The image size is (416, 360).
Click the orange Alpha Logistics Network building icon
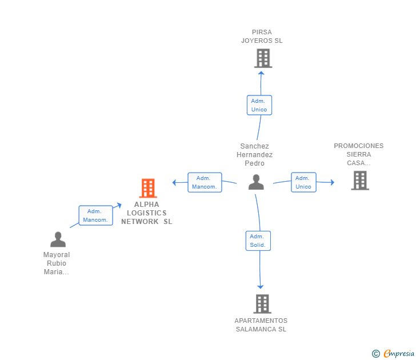click(x=148, y=188)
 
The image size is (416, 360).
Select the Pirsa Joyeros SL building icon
click(x=263, y=58)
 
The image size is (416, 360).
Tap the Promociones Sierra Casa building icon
click(x=359, y=181)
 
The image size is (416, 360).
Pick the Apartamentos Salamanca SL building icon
click(x=262, y=304)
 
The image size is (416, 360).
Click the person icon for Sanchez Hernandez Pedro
click(x=256, y=182)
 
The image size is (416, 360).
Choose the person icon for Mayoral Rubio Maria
click(x=58, y=239)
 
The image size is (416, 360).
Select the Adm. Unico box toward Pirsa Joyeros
click(x=259, y=105)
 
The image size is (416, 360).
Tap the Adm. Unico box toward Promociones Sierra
click(x=303, y=182)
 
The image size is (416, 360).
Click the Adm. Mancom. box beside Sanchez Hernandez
click(x=204, y=182)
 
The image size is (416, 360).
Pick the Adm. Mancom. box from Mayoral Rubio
click(x=95, y=215)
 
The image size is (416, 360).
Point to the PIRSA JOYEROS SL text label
click(x=262, y=37)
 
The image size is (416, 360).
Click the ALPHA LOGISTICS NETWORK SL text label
click(x=147, y=213)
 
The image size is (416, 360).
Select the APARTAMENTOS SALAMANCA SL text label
click(x=261, y=325)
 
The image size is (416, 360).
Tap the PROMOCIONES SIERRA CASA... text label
click(x=359, y=154)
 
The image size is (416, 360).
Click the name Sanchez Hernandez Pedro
click(x=255, y=154)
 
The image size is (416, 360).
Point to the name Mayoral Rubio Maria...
click(x=57, y=263)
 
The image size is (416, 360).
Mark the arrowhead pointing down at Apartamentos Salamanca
click(x=261, y=286)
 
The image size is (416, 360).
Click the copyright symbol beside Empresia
click(x=375, y=354)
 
